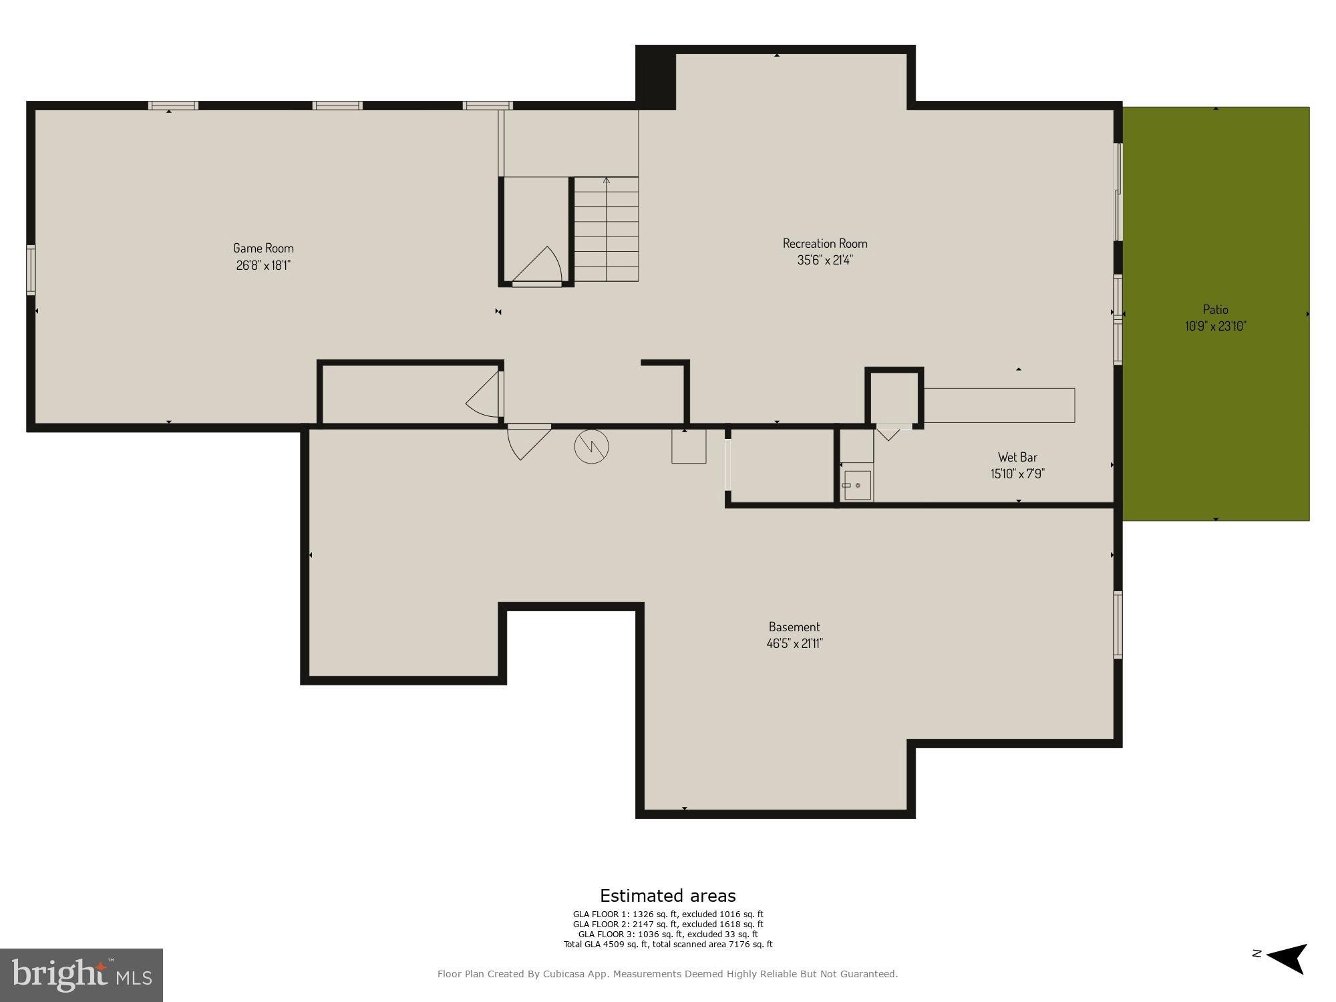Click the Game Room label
pyautogui.click(x=263, y=248)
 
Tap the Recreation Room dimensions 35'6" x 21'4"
pyautogui.click(x=825, y=260)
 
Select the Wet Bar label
pyautogui.click(x=1017, y=457)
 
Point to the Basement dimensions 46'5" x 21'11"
pyautogui.click(x=794, y=643)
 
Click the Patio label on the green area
pyautogui.click(x=1215, y=309)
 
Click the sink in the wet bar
pyautogui.click(x=857, y=485)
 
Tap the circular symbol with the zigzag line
pyautogui.click(x=591, y=446)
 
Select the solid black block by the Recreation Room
pyautogui.click(x=655, y=77)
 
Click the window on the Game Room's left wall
pyautogui.click(x=31, y=270)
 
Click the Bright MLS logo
pyautogui.click(x=81, y=975)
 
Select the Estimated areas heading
pyautogui.click(x=667, y=896)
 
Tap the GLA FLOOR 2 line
pyautogui.click(x=667, y=925)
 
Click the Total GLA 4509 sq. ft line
pyautogui.click(x=667, y=945)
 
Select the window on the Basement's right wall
pyautogui.click(x=1118, y=625)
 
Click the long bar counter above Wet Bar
pyautogui.click(x=999, y=405)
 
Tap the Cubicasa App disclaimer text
pyautogui.click(x=667, y=974)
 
